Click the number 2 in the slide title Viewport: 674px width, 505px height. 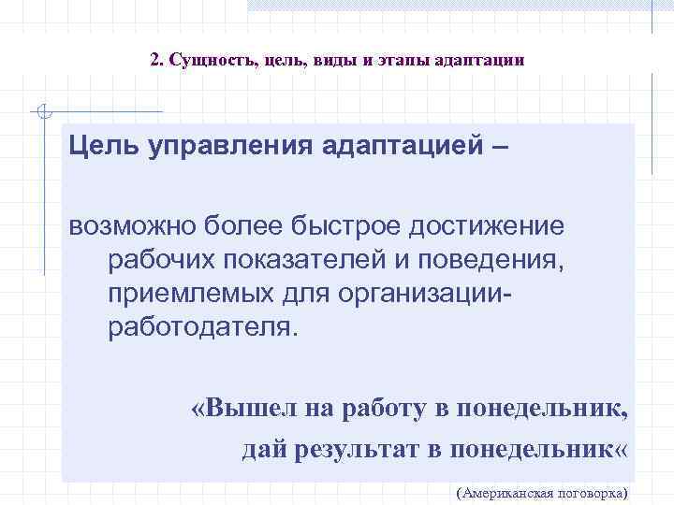click(x=155, y=60)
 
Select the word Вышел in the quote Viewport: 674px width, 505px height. click(x=242, y=408)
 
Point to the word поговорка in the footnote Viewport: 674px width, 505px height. click(x=594, y=492)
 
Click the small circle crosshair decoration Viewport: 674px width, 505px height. click(x=41, y=112)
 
